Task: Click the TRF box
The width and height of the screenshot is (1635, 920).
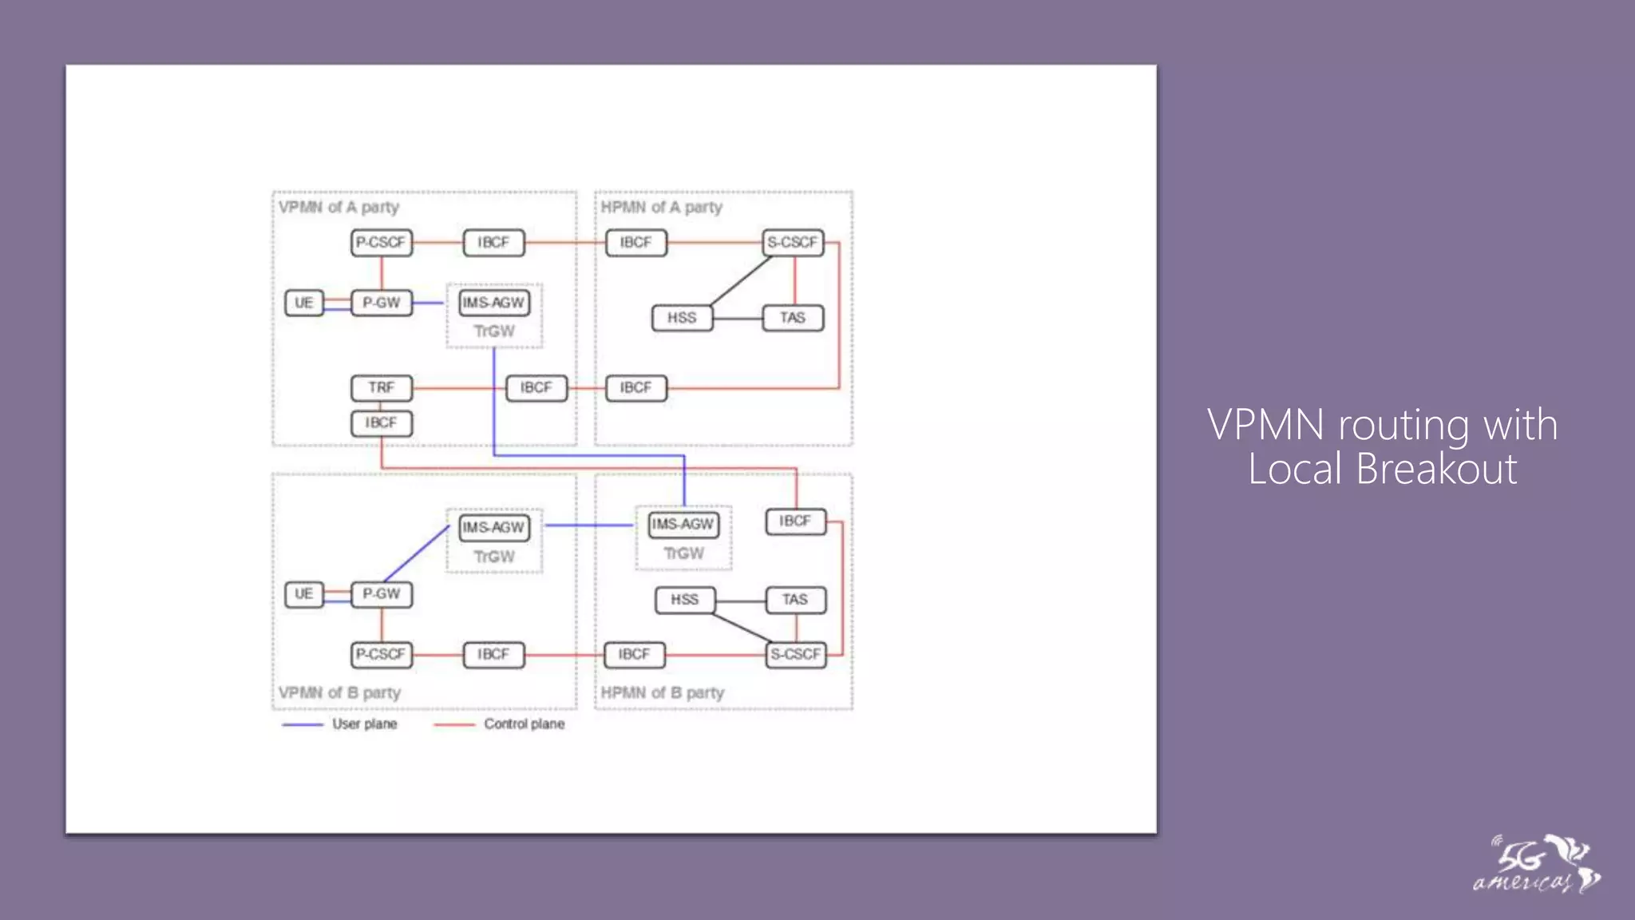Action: (382, 388)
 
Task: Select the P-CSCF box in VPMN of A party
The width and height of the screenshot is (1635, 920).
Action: (382, 243)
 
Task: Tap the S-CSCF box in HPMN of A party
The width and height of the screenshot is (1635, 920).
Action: (793, 243)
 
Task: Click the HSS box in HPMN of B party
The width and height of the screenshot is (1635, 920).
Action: (684, 600)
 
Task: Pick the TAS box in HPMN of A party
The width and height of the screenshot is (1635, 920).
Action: (793, 318)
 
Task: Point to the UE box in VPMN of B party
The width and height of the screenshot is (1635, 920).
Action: (304, 594)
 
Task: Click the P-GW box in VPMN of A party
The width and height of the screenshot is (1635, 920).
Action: (382, 303)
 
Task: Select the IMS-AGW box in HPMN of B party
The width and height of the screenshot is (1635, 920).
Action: (683, 525)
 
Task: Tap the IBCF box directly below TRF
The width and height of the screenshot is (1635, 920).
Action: (382, 423)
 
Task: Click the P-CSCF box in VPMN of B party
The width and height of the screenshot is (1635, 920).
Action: (382, 655)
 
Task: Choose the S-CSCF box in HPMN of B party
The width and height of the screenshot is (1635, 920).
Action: (795, 655)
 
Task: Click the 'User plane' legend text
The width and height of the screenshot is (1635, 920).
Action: (364, 724)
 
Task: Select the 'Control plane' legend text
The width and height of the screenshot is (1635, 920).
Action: (524, 724)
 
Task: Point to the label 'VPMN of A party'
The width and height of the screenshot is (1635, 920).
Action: (338, 208)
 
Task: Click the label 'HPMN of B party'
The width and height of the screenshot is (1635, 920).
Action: (662, 693)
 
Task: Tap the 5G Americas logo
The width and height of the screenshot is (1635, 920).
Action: (1536, 865)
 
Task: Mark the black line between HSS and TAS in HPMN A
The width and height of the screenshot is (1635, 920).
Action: (738, 319)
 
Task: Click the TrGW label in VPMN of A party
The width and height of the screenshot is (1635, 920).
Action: (494, 331)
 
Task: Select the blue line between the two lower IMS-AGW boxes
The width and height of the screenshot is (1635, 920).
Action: (589, 525)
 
